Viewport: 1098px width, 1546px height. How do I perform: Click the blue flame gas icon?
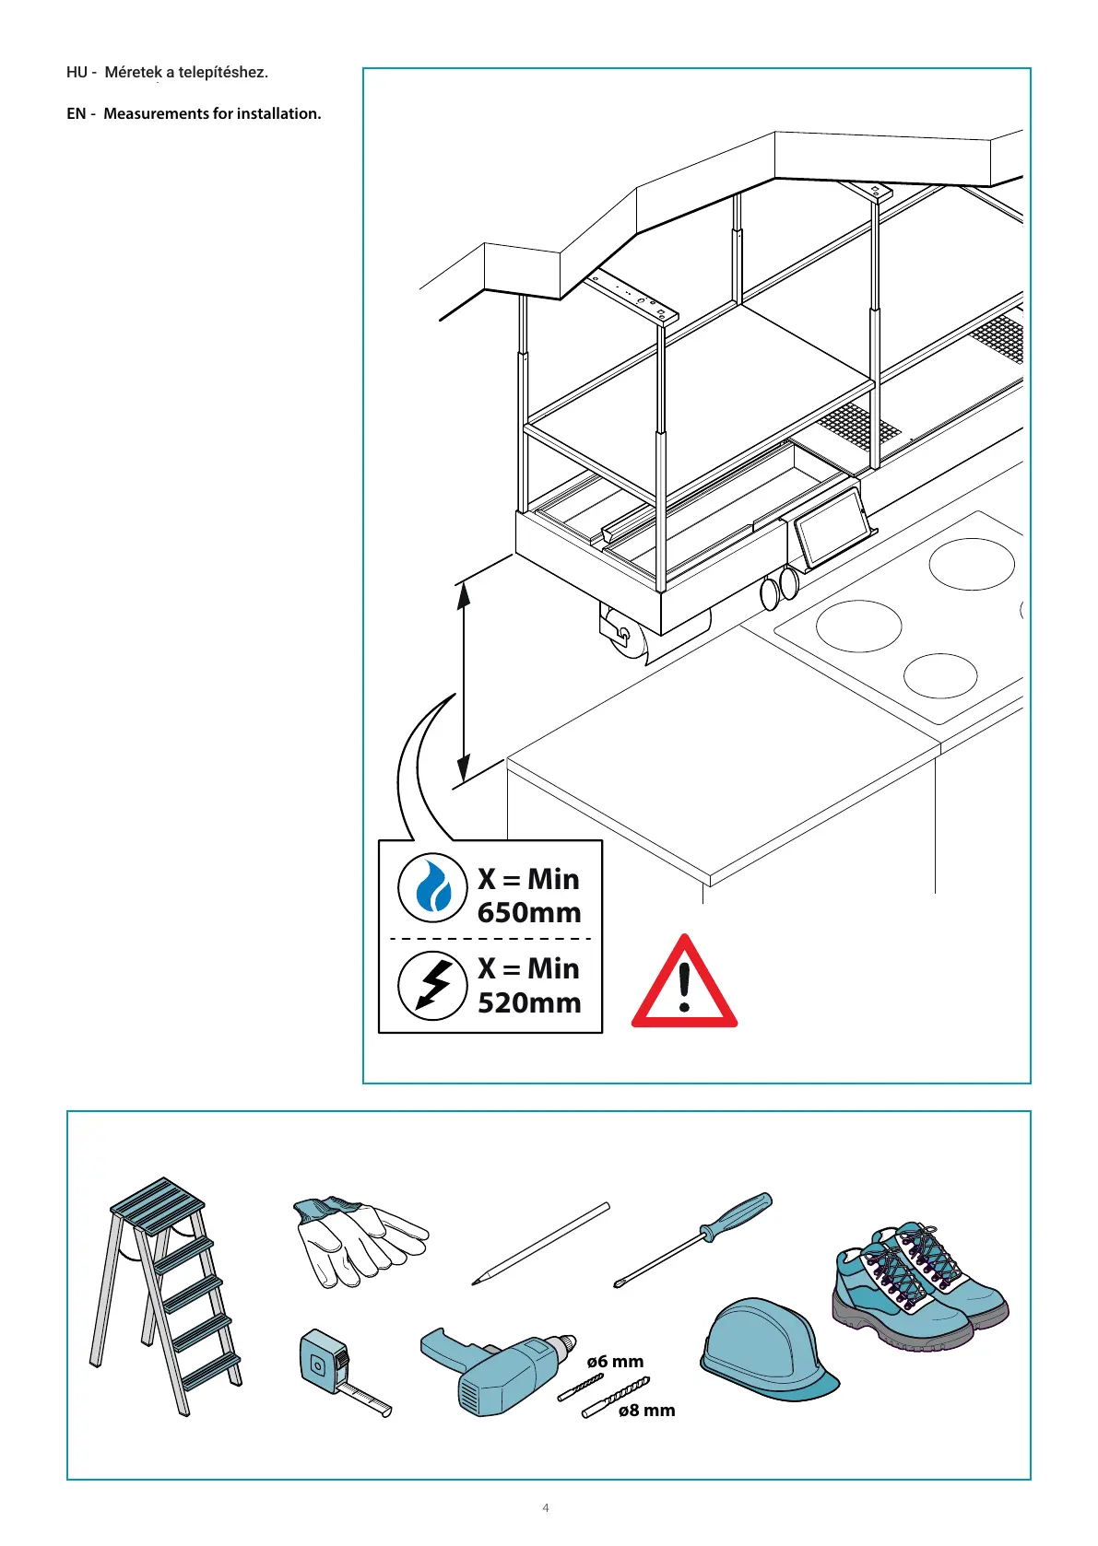coord(432,888)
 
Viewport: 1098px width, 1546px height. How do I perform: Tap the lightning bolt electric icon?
coord(432,985)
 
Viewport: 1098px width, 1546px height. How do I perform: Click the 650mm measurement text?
coord(529,913)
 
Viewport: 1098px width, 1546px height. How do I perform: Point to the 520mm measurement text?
coord(529,1002)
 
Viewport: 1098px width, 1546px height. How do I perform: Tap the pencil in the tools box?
coord(540,1243)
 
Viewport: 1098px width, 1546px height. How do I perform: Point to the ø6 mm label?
coord(615,1362)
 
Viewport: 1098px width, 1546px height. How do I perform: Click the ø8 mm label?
coord(646,1411)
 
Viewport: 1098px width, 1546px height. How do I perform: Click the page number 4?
coord(546,1508)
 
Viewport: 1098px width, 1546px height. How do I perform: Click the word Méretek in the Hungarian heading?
coord(133,73)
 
